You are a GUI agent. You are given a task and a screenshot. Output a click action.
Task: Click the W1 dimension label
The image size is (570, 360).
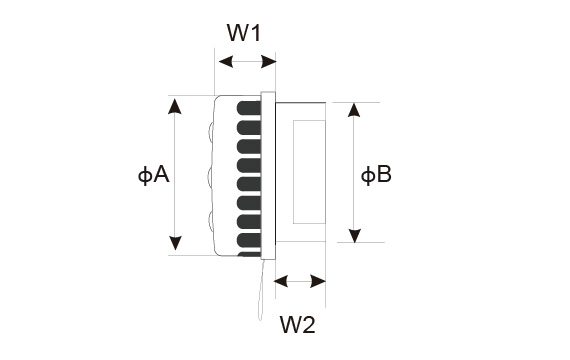coord(244,33)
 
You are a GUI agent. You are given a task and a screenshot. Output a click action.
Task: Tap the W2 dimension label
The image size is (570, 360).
coord(297,324)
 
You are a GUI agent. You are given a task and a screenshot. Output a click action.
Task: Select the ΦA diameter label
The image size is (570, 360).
coord(153,175)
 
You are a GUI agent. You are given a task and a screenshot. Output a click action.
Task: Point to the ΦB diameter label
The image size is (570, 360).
coord(376,175)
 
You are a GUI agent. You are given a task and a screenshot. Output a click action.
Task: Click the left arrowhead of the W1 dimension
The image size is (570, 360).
coord(226,61)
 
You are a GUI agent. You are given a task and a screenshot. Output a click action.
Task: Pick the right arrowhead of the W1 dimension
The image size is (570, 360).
coord(269,61)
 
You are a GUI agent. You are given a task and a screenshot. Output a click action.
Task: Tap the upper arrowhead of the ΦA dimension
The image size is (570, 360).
coord(175,106)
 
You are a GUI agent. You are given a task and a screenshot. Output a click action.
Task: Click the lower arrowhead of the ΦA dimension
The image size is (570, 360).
coord(176,243)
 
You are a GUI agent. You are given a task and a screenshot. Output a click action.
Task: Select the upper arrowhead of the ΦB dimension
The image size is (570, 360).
coord(354,110)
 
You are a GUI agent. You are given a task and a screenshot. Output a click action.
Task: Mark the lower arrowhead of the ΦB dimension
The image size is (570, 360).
coord(354,236)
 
